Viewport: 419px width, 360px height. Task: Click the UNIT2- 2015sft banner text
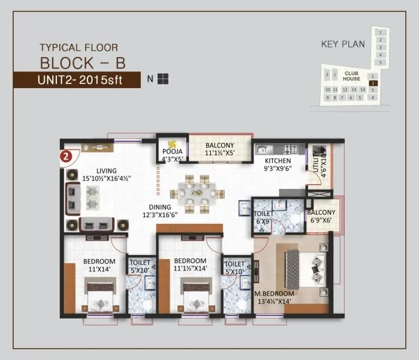[79, 80]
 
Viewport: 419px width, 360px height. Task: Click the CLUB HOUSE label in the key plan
[351, 76]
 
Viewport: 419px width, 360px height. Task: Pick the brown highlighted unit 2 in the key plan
[373, 83]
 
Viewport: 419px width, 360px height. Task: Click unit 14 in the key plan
[363, 89]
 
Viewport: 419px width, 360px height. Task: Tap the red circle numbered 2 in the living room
[67, 155]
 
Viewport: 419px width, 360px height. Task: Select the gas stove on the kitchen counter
[291, 149]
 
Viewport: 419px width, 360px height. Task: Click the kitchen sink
[264, 149]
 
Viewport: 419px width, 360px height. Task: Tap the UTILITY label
[316, 162]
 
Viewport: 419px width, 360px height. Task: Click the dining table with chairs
[195, 193]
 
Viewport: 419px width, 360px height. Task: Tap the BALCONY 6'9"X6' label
[321, 217]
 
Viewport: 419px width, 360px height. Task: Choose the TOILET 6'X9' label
[264, 217]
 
